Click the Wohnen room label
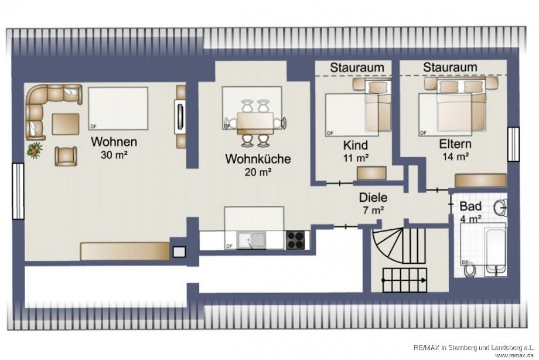click(114, 142)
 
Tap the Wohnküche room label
click(258, 159)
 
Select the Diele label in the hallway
click(371, 198)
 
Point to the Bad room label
click(470, 206)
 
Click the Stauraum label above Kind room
click(357, 68)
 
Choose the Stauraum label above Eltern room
click(450, 68)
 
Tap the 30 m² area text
click(114, 155)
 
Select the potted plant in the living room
click(35, 149)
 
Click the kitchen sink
click(251, 240)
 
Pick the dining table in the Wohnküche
click(255, 122)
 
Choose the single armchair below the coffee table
click(66, 155)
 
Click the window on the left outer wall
click(17, 191)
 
